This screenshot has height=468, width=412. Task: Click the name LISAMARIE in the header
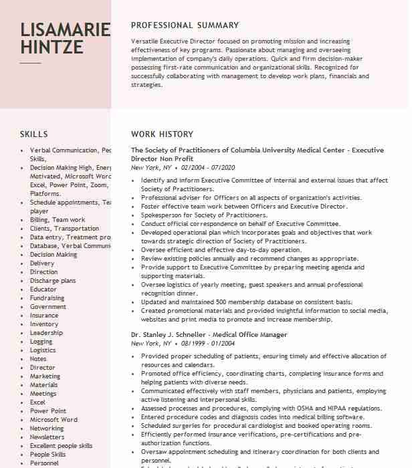pos(66,30)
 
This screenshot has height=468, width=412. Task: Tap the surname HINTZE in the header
pos(52,47)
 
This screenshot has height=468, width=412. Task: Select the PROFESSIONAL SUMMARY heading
pos(185,25)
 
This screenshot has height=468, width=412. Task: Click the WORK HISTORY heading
pos(162,134)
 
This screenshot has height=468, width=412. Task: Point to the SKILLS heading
pos(34,134)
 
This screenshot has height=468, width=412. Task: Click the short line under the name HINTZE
pos(30,63)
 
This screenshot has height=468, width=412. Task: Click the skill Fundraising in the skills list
pos(47,298)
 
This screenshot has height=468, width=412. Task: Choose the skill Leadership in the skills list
pos(46,333)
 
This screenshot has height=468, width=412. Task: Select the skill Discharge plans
pos(53,281)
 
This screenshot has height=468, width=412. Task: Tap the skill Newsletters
pos(47,437)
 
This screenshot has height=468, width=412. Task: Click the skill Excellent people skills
pos(62,446)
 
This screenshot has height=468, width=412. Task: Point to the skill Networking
pos(47,429)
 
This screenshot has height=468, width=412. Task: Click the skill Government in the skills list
pos(48,307)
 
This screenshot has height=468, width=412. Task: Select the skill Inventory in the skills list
pos(44,324)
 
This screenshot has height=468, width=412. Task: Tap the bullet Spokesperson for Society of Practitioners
pos(204,215)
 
